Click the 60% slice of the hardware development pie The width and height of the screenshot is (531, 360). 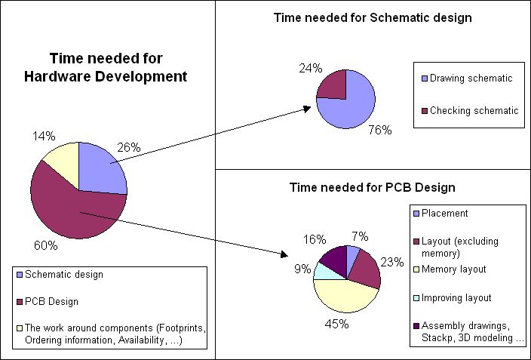[x=72, y=211]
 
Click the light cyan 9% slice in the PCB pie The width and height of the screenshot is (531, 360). [x=325, y=269]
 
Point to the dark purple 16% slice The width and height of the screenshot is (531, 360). [x=333, y=257]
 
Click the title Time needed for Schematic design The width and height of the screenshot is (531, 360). [x=373, y=18]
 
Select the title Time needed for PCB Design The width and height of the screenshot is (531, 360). [x=373, y=187]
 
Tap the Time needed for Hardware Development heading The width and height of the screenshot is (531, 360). [x=117, y=67]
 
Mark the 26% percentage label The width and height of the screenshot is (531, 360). [x=128, y=148]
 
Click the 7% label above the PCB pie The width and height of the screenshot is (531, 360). [x=360, y=237]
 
